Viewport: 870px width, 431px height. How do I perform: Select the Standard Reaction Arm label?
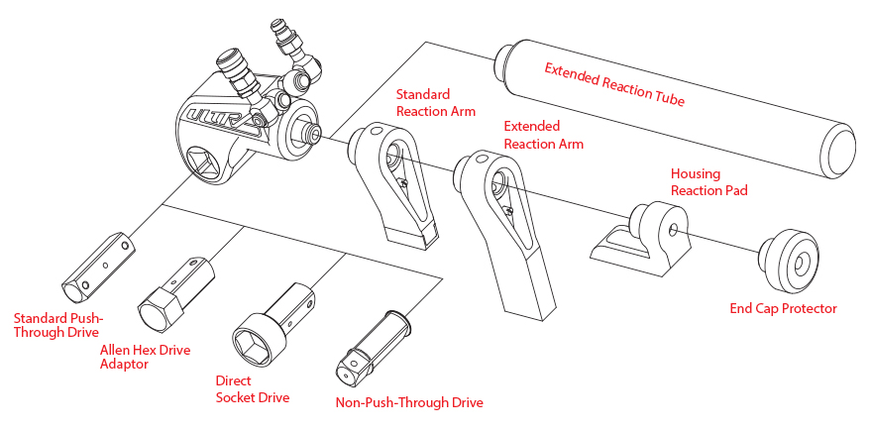pos(436,103)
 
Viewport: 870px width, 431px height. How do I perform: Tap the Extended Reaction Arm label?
pos(544,135)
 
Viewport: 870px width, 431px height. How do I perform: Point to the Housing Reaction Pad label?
pos(708,181)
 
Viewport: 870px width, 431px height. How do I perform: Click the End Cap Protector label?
pos(783,308)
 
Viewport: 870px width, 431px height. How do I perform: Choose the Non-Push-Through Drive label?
pos(409,402)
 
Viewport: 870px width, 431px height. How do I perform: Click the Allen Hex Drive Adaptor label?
pos(145,357)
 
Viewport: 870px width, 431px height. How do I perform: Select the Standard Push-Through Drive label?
pos(57,325)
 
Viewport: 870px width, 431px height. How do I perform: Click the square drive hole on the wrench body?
pos(212,159)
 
